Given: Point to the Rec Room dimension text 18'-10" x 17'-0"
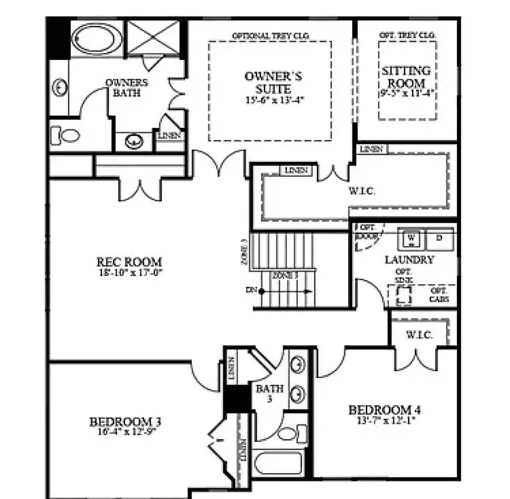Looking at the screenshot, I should pyautogui.click(x=130, y=272).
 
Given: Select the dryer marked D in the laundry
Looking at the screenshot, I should pyautogui.click(x=440, y=238).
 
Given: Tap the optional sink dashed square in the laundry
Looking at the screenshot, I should pyautogui.click(x=404, y=294).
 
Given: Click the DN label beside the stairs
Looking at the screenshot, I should pyautogui.click(x=251, y=291).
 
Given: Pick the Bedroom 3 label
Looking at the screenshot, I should pyautogui.click(x=125, y=422).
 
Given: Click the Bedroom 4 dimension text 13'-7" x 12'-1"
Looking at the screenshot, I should pyautogui.click(x=385, y=420).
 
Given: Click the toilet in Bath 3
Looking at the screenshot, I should pyautogui.click(x=291, y=434).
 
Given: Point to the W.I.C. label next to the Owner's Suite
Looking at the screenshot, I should pyautogui.click(x=362, y=191).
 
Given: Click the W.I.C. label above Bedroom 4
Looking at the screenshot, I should pyautogui.click(x=419, y=335).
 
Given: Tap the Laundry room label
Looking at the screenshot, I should pyautogui.click(x=409, y=260).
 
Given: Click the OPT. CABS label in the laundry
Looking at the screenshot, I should pyautogui.click(x=439, y=295).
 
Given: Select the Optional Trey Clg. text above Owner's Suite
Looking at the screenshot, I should pyautogui.click(x=270, y=36).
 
